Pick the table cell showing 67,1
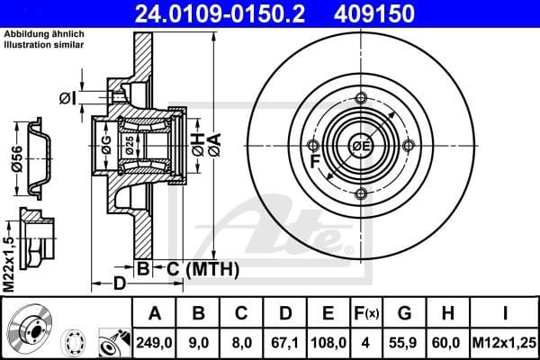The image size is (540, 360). [x=284, y=343]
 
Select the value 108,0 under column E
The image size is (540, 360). [x=328, y=343]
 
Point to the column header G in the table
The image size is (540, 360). [x=404, y=314]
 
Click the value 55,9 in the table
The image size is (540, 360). [x=404, y=343]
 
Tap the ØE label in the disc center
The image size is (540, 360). [x=360, y=145]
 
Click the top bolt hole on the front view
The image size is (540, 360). [x=360, y=98]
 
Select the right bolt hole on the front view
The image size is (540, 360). [x=408, y=146]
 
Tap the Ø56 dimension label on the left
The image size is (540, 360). [x=16, y=159]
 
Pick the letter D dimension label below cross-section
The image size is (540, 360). [x=119, y=284]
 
